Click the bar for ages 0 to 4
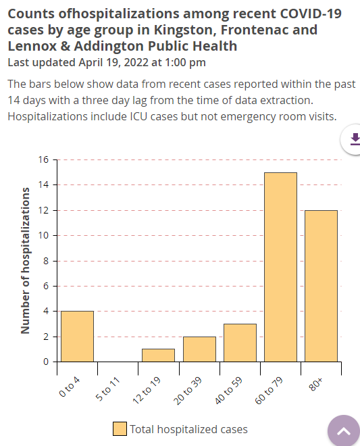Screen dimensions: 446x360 click(x=77, y=336)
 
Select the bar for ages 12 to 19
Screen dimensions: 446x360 click(x=158, y=355)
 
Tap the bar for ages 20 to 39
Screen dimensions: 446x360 click(x=199, y=349)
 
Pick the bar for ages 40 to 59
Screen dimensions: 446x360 click(x=240, y=343)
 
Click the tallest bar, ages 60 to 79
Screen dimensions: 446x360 click(x=280, y=267)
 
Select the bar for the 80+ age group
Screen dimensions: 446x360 click(x=321, y=286)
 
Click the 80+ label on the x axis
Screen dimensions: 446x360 click(x=315, y=381)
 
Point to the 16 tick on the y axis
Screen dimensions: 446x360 click(x=44, y=160)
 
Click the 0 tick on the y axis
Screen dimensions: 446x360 click(x=46, y=362)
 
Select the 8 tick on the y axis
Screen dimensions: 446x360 click(x=46, y=261)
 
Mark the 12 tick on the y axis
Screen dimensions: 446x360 click(x=44, y=211)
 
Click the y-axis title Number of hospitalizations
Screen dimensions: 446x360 click(x=26, y=261)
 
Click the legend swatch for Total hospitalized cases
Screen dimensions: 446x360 click(x=120, y=429)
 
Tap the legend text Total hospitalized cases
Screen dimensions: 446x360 click(x=188, y=429)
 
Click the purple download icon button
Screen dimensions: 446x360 click(x=354, y=139)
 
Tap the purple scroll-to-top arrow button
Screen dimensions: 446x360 click(x=343, y=431)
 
